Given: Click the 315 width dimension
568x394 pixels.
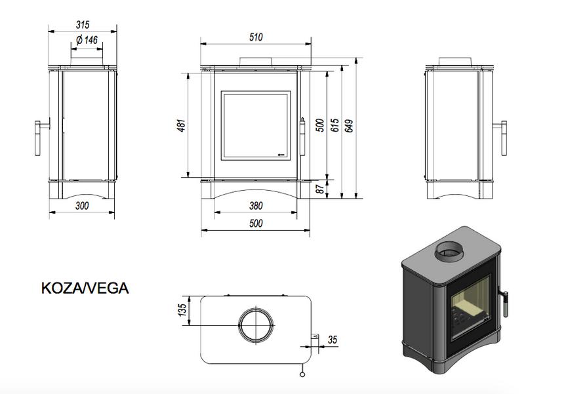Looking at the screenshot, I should (x=83, y=25).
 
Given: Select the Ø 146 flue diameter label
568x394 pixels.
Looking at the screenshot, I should (x=86, y=41).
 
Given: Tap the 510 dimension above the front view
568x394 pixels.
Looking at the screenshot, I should (x=256, y=37).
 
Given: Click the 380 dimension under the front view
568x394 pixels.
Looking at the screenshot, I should (x=256, y=206).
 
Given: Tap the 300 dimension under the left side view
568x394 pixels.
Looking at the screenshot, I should (x=83, y=206).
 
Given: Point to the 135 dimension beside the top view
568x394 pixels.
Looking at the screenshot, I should (x=183, y=309).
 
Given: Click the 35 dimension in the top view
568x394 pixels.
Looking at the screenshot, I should (x=332, y=340).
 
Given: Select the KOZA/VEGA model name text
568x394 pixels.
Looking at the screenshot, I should (x=85, y=288).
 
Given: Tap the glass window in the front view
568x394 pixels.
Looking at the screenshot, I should (x=256, y=125).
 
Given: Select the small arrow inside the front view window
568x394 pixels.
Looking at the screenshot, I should (x=281, y=155).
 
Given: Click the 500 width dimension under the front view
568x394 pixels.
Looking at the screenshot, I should (x=256, y=224).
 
